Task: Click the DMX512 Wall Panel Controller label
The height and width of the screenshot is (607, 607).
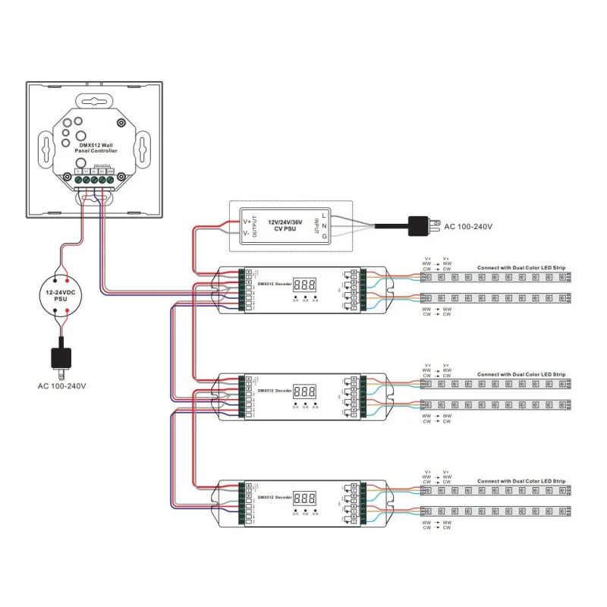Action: pyautogui.click(x=96, y=148)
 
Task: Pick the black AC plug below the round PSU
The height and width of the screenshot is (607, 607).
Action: pyautogui.click(x=62, y=357)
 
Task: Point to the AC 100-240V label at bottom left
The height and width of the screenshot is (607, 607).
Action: pyautogui.click(x=62, y=385)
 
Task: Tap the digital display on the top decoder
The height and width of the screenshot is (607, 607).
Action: pyautogui.click(x=304, y=285)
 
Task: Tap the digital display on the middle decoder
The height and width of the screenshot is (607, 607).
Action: pyautogui.click(x=304, y=392)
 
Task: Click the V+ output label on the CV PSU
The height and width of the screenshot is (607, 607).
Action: pyautogui.click(x=247, y=222)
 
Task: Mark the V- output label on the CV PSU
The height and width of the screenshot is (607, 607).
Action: pyautogui.click(x=247, y=235)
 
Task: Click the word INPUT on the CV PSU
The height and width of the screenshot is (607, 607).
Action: pyautogui.click(x=314, y=227)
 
